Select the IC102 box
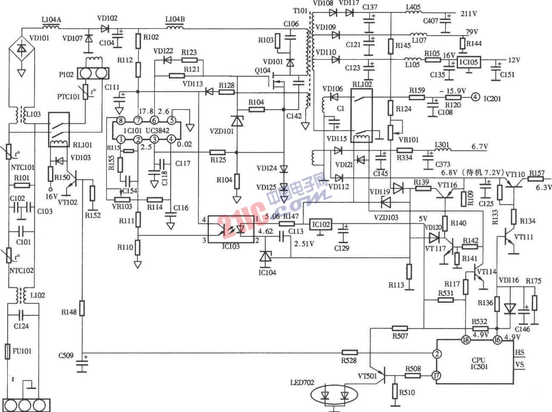[321, 224]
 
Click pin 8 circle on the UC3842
[121, 121]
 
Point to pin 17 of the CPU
[436, 375]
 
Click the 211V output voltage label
[469, 14]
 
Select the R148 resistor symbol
[83, 308]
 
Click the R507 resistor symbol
[400, 328]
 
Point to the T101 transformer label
[299, 11]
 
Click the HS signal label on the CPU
[519, 352]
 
